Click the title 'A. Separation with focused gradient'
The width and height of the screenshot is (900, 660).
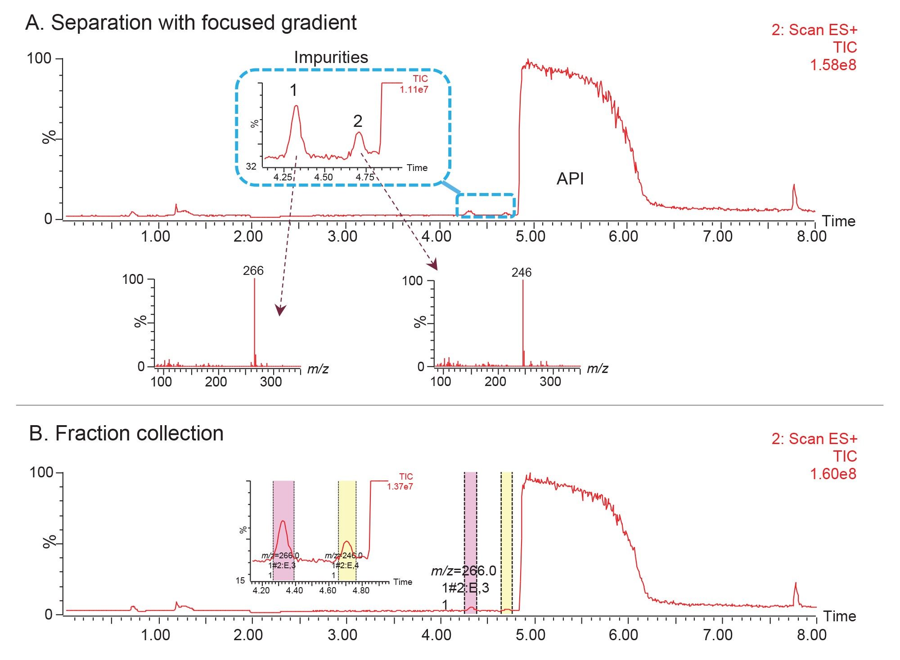pos(191,22)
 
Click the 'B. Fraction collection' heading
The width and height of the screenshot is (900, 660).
pos(126,434)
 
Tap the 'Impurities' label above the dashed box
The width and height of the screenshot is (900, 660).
pos(331,58)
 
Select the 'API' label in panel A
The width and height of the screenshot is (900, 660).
pos(570,179)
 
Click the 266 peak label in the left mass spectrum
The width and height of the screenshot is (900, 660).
pos(253,271)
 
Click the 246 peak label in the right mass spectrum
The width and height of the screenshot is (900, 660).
pos(521,273)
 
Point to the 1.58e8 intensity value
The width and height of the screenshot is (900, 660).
pos(833,65)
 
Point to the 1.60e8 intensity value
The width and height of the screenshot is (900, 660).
pos(833,474)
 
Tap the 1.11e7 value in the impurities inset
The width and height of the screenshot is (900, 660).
pos(414,90)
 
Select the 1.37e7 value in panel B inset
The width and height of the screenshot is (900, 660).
pos(400,486)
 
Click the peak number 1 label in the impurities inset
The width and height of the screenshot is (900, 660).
pos(293,91)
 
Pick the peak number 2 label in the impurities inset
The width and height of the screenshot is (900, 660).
pos(358,121)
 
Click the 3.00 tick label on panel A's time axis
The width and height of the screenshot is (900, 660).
pos(342,237)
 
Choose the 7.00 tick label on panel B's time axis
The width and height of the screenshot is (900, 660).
pos(718,635)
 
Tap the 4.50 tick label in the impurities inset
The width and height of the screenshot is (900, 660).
pos(323,177)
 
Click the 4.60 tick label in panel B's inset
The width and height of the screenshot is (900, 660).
pos(328,590)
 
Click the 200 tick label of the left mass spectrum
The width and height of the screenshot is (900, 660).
pos(216,382)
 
